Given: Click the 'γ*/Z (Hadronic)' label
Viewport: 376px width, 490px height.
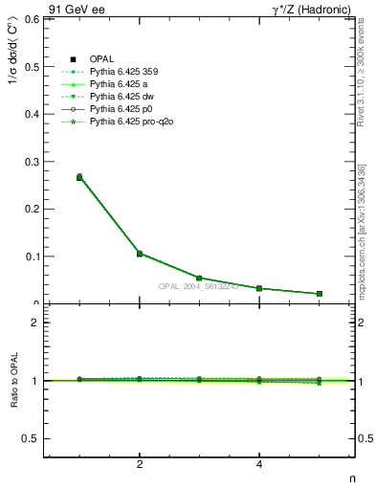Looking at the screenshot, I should tap(314, 9).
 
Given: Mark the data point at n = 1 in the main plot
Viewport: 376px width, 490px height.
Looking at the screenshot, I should tap(79, 177).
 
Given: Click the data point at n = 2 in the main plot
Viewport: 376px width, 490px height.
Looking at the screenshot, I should tap(140, 254).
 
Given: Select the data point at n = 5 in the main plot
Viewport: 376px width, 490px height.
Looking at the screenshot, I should tap(319, 294).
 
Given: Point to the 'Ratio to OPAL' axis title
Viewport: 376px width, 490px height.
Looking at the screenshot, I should tap(12, 380).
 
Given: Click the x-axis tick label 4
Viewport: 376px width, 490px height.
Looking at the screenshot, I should tap(259, 464).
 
